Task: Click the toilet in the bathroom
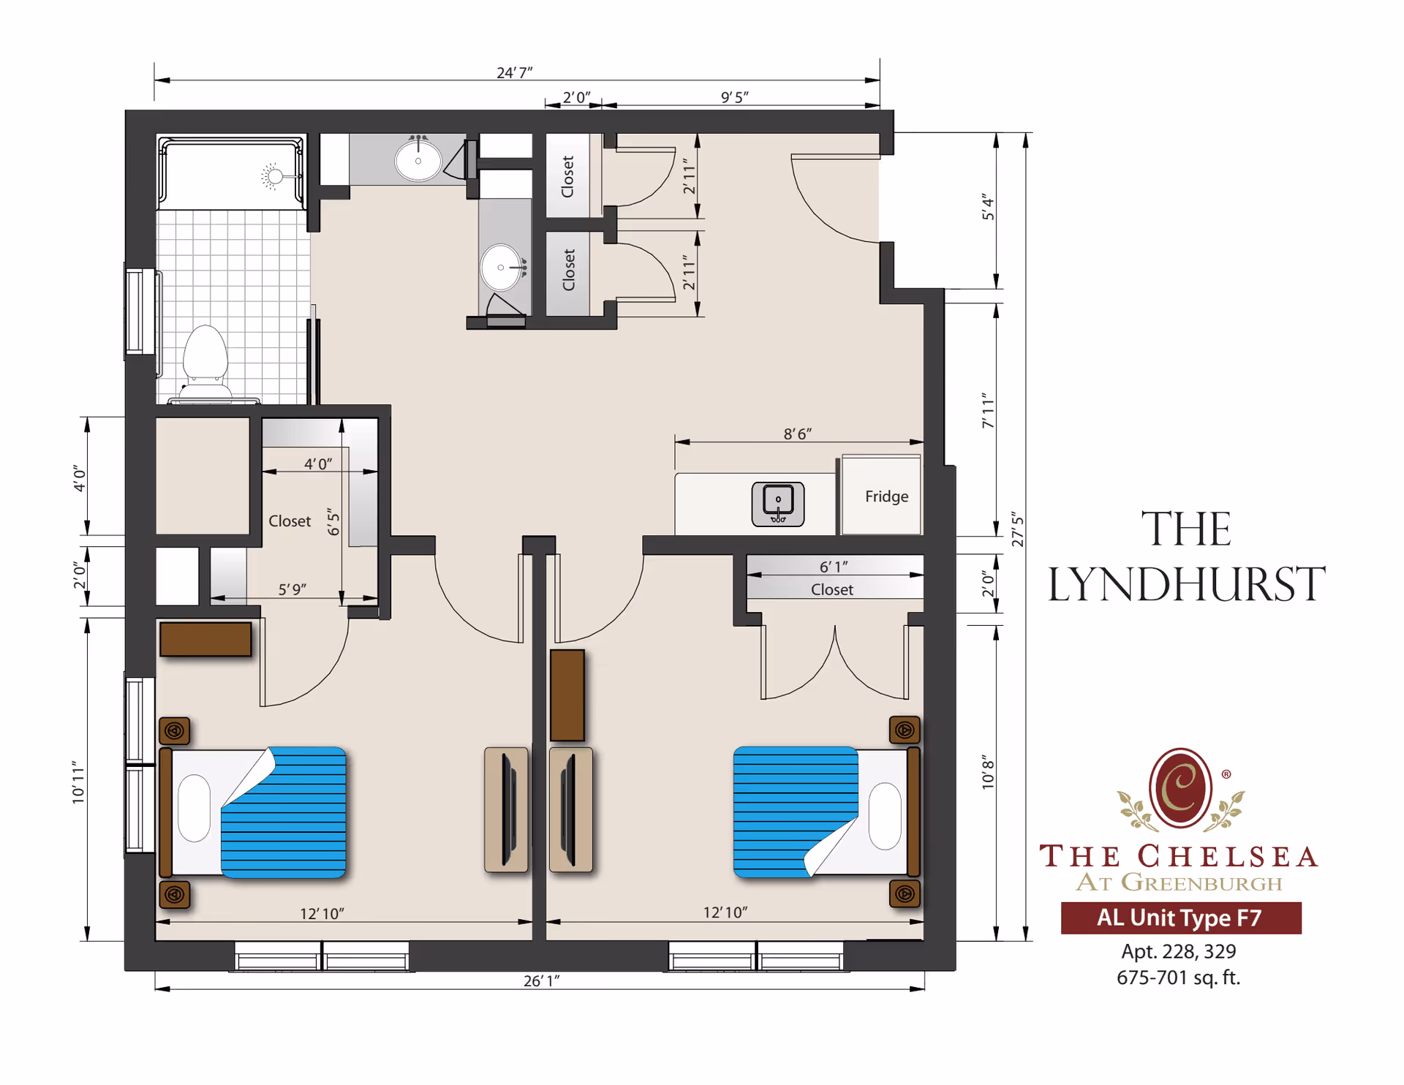tap(205, 358)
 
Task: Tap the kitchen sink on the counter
tap(778, 503)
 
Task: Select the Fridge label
tap(886, 496)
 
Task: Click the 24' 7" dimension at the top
tap(514, 72)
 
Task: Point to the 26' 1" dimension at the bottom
tap(541, 980)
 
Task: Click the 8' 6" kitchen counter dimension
tap(797, 434)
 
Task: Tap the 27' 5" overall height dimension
tap(1017, 530)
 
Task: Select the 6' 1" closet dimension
tap(833, 567)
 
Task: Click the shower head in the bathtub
tap(274, 175)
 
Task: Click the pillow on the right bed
tap(885, 815)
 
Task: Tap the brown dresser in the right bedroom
tap(567, 695)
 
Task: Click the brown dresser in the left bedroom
tap(205, 639)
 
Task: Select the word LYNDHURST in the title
tap(1186, 584)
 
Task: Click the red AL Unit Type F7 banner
tap(1180, 918)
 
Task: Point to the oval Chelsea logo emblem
tap(1180, 788)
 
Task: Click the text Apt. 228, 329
tap(1178, 951)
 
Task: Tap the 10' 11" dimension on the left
tap(78, 782)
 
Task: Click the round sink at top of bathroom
tap(418, 160)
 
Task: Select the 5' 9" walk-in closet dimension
tap(292, 589)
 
